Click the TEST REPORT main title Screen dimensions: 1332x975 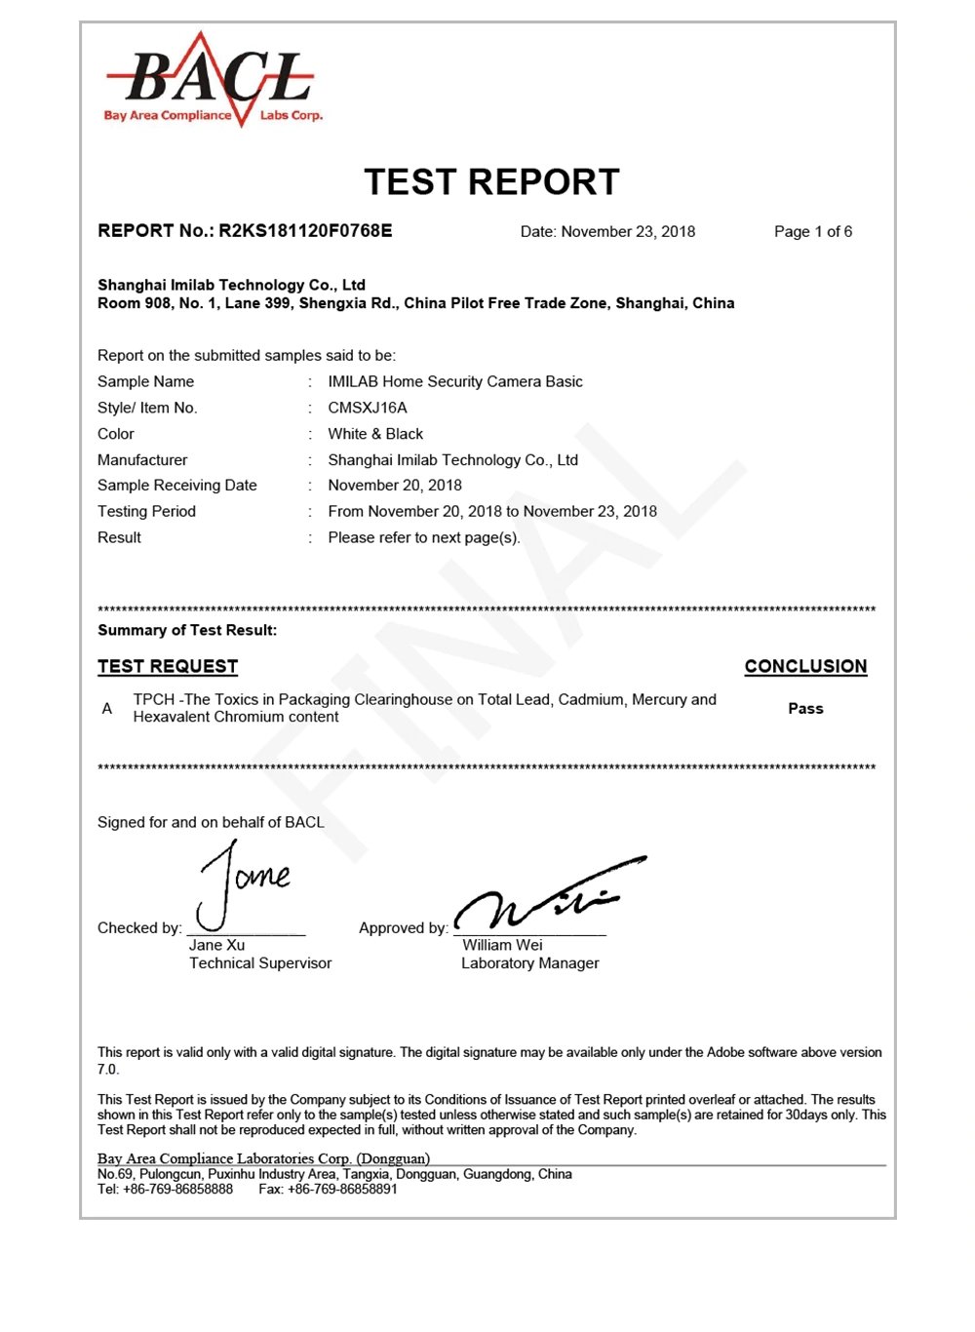click(491, 182)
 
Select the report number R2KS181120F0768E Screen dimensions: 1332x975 click(304, 231)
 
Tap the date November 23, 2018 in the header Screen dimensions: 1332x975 click(628, 232)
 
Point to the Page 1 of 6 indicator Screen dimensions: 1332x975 click(813, 232)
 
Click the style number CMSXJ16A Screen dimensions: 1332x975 click(368, 408)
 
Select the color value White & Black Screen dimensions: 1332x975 click(375, 434)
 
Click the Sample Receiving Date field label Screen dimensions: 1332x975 click(177, 486)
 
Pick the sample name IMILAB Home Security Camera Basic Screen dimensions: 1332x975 click(455, 381)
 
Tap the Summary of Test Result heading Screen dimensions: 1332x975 click(187, 631)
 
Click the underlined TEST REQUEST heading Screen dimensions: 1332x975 click(168, 667)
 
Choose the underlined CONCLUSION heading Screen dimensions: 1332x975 click(805, 667)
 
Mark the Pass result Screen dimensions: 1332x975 click(805, 709)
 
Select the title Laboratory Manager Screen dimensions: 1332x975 click(530, 963)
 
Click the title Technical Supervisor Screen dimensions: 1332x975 click(260, 963)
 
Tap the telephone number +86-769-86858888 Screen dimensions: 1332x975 click(178, 1190)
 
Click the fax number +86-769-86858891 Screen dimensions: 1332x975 click(342, 1190)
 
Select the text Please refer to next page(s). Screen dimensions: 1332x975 click(424, 537)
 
